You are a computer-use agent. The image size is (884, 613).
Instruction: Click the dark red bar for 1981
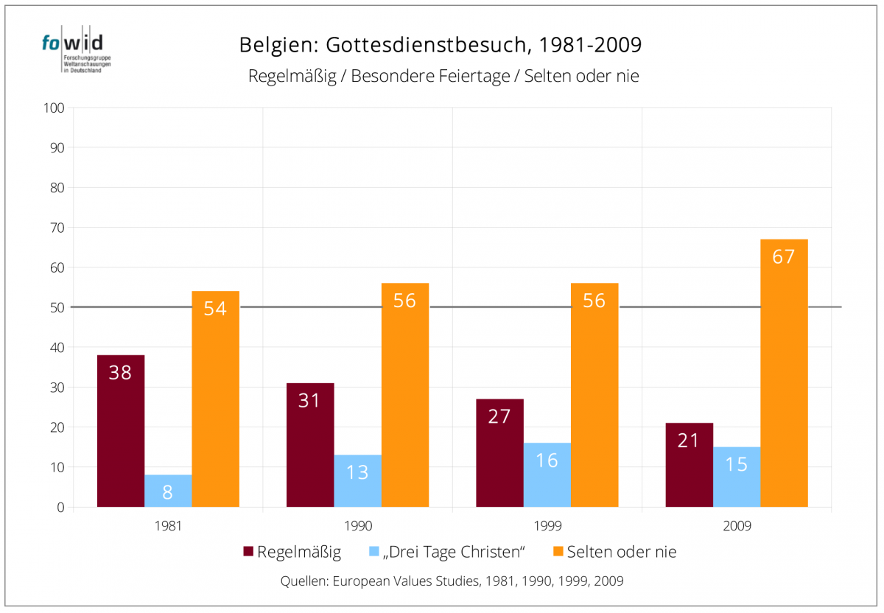click(120, 431)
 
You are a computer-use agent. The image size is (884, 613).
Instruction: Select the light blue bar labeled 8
click(168, 491)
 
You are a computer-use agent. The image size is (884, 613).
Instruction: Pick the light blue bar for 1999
click(547, 474)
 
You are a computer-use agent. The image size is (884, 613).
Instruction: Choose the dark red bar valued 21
click(689, 465)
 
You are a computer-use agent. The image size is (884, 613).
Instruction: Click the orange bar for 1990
click(404, 395)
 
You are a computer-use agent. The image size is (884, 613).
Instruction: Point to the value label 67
click(784, 258)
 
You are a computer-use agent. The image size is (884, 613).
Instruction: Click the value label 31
click(310, 401)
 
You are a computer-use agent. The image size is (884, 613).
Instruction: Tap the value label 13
click(357, 472)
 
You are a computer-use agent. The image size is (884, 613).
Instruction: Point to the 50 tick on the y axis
click(58, 308)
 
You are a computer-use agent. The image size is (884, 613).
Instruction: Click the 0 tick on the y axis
click(61, 508)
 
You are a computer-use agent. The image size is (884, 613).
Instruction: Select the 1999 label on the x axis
click(547, 527)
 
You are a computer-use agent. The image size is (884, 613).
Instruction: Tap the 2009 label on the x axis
click(736, 527)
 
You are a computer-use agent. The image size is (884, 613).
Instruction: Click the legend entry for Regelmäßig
click(292, 552)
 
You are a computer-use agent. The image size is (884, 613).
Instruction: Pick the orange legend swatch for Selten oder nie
click(557, 552)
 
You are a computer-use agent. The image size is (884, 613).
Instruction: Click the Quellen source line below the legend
click(452, 581)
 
